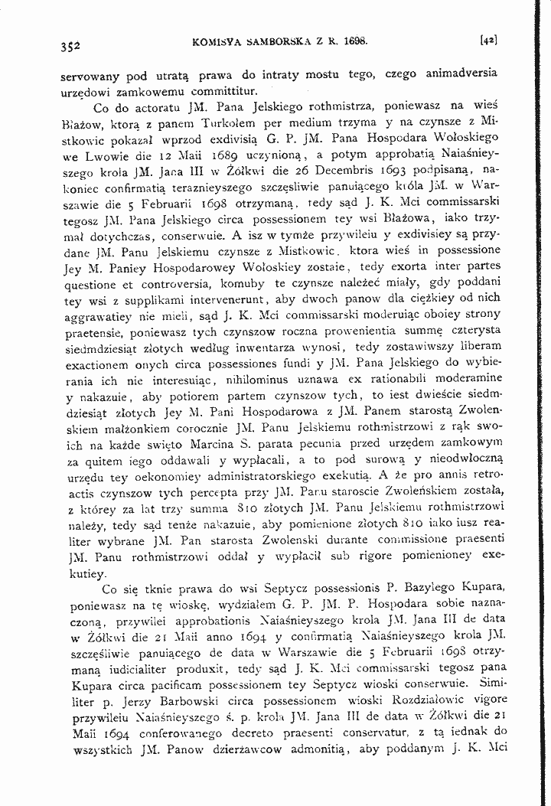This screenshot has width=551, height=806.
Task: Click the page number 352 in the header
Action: click(x=70, y=45)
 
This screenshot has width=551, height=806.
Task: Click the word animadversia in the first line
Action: click(x=455, y=74)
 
